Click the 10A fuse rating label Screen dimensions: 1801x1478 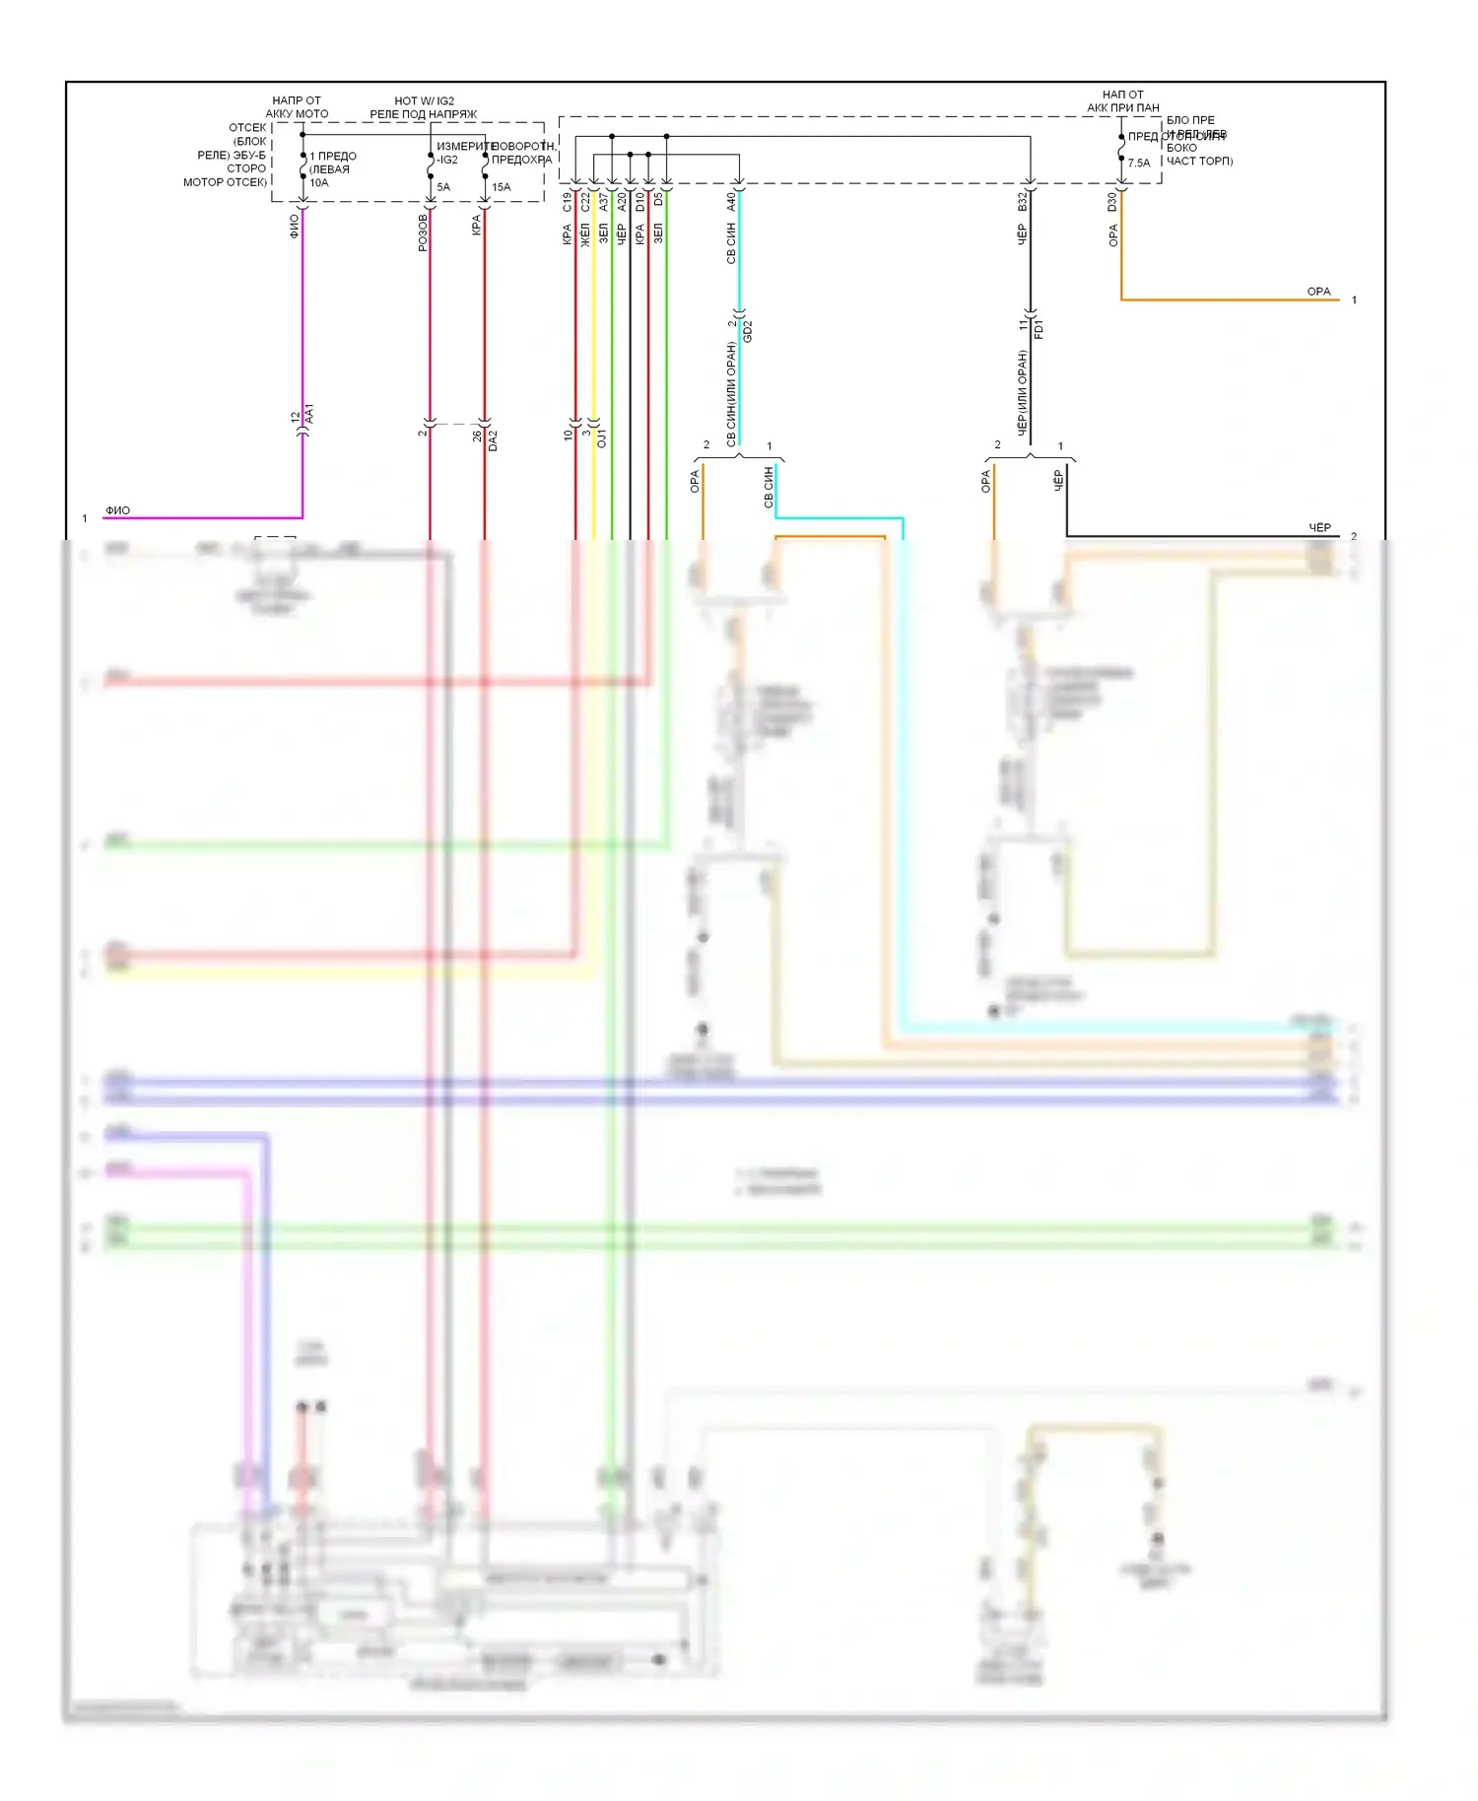point(319,183)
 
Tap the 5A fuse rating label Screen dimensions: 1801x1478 point(443,187)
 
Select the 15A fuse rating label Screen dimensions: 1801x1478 point(502,187)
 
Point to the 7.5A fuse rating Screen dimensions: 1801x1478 point(1139,164)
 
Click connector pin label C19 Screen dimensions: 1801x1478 point(568,202)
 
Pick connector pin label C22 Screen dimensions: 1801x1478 point(585,202)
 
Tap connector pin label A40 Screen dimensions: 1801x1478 point(731,202)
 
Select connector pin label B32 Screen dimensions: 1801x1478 point(1023,202)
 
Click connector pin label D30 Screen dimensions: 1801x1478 point(1112,202)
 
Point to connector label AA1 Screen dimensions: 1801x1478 point(309,414)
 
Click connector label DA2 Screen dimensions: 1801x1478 point(493,440)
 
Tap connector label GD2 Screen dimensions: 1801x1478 point(748,331)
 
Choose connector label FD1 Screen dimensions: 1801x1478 point(1039,328)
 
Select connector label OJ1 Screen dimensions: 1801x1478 point(602,437)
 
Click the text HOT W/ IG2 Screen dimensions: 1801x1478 point(424,100)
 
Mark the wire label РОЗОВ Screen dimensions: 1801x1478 point(423,233)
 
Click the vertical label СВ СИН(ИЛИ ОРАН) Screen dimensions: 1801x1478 point(731,394)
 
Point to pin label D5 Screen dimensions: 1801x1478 point(658,200)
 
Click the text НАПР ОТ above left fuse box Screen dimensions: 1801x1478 point(297,100)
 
